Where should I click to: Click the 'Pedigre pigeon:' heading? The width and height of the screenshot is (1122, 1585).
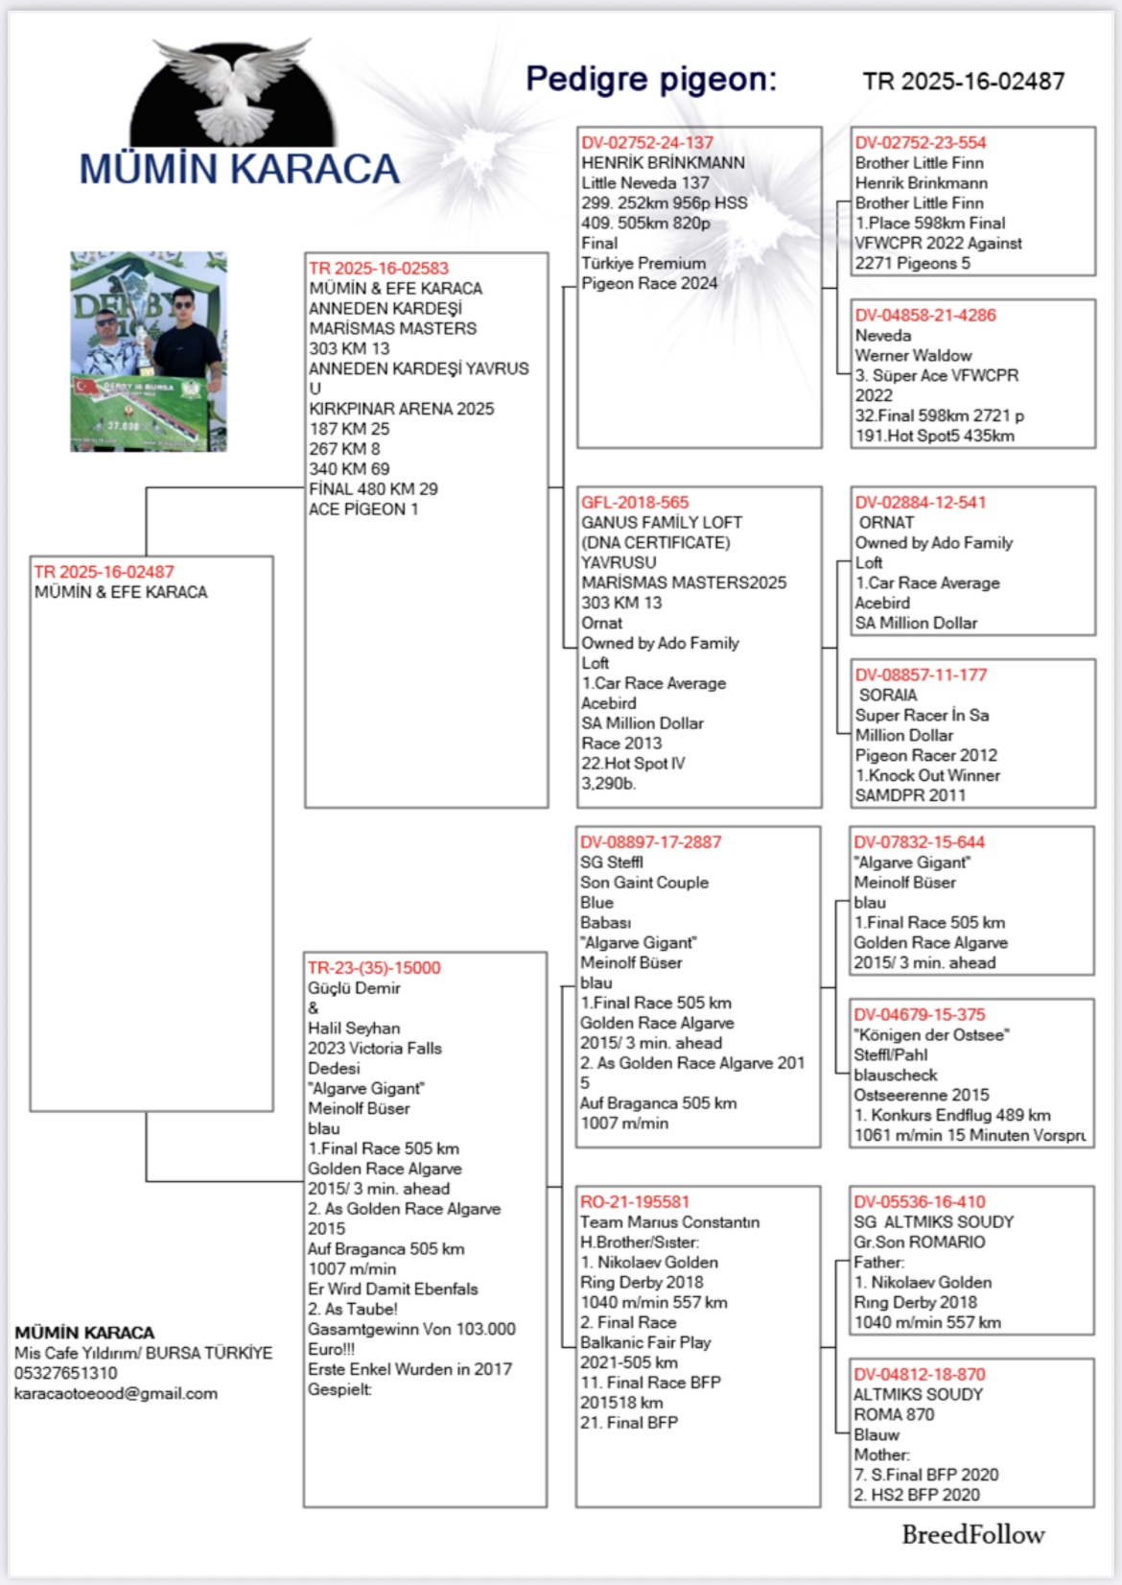pyautogui.click(x=651, y=80)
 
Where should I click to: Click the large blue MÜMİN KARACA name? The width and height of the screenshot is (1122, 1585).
pyautogui.click(x=239, y=170)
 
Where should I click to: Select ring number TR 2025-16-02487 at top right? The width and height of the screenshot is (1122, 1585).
pyautogui.click(x=963, y=82)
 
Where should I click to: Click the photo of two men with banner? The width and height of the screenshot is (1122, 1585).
pyautogui.click(x=149, y=351)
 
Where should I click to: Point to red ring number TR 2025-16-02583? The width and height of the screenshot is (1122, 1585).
pyautogui.click(x=379, y=269)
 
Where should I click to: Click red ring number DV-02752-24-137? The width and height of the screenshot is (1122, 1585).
pyautogui.click(x=647, y=143)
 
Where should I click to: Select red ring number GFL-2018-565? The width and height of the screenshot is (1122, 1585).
pyautogui.click(x=635, y=503)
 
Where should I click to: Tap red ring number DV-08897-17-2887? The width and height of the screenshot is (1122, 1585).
pyautogui.click(x=650, y=842)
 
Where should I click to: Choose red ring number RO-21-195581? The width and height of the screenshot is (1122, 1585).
pyautogui.click(x=635, y=1202)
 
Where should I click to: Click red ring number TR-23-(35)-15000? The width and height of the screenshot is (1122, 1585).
pyautogui.click(x=374, y=968)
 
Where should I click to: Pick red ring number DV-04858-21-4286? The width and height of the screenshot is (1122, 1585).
pyautogui.click(x=925, y=316)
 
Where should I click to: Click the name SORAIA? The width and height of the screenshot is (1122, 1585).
pyautogui.click(x=888, y=696)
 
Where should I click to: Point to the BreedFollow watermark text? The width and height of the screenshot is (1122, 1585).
pyautogui.click(x=972, y=1535)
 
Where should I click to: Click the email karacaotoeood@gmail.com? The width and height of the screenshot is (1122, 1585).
pyautogui.click(x=116, y=1393)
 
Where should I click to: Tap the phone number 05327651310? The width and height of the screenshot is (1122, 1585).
pyautogui.click(x=66, y=1373)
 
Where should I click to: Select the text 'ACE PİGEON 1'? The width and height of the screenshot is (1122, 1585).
pyautogui.click(x=363, y=509)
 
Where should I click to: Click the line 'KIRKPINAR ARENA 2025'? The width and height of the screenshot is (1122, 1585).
pyautogui.click(x=402, y=409)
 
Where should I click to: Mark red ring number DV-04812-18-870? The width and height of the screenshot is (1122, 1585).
pyautogui.click(x=920, y=1375)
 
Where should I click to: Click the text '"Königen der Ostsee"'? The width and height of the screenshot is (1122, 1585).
pyautogui.click(x=931, y=1035)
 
